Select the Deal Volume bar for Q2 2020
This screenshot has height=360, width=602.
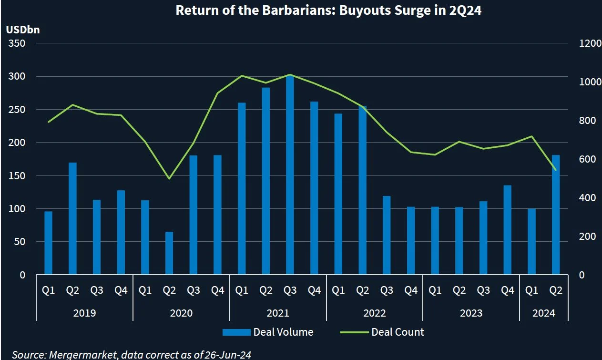pos(169,254)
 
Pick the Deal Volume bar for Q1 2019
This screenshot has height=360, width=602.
pos(48,243)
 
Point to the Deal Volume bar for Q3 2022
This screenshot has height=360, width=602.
pos(387,236)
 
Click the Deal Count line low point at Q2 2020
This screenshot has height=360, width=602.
pos(169,179)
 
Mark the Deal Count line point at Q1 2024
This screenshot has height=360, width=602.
pos(531,136)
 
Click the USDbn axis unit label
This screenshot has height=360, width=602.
pos(23,30)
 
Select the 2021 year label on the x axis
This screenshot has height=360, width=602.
pos(278,313)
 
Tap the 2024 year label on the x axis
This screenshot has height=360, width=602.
pos(543,313)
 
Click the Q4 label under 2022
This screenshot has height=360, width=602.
pos(410,290)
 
